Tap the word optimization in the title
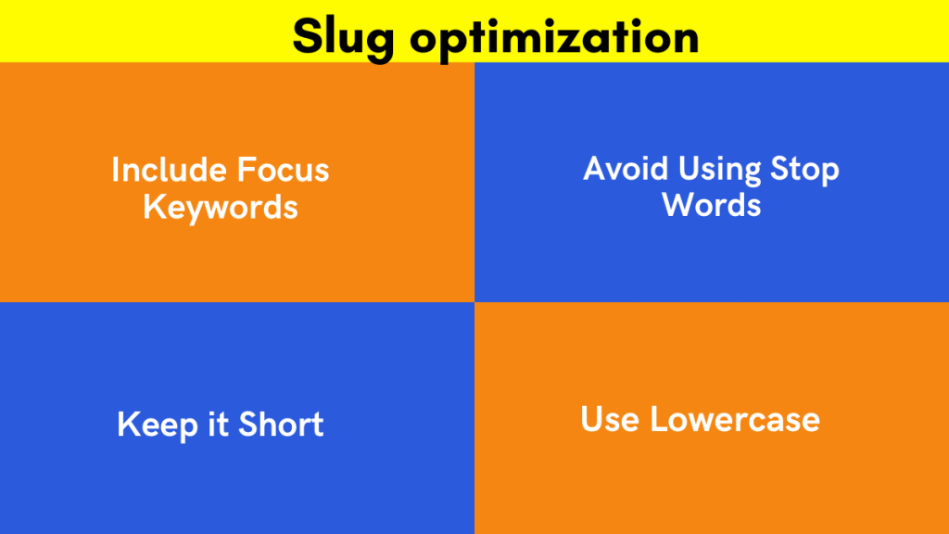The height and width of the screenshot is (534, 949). [x=553, y=37]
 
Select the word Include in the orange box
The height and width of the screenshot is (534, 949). [x=169, y=170]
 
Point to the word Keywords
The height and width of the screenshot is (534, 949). [x=221, y=207]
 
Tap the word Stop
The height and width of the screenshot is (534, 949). [x=805, y=171]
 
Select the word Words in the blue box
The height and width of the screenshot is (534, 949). [x=712, y=204]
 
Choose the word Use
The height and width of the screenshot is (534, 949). [x=610, y=419]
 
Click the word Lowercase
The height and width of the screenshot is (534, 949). [x=735, y=419]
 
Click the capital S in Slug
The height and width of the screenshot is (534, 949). [x=306, y=37]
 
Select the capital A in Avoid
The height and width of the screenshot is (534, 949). [x=594, y=169]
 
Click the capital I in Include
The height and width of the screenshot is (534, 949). [x=116, y=170]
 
